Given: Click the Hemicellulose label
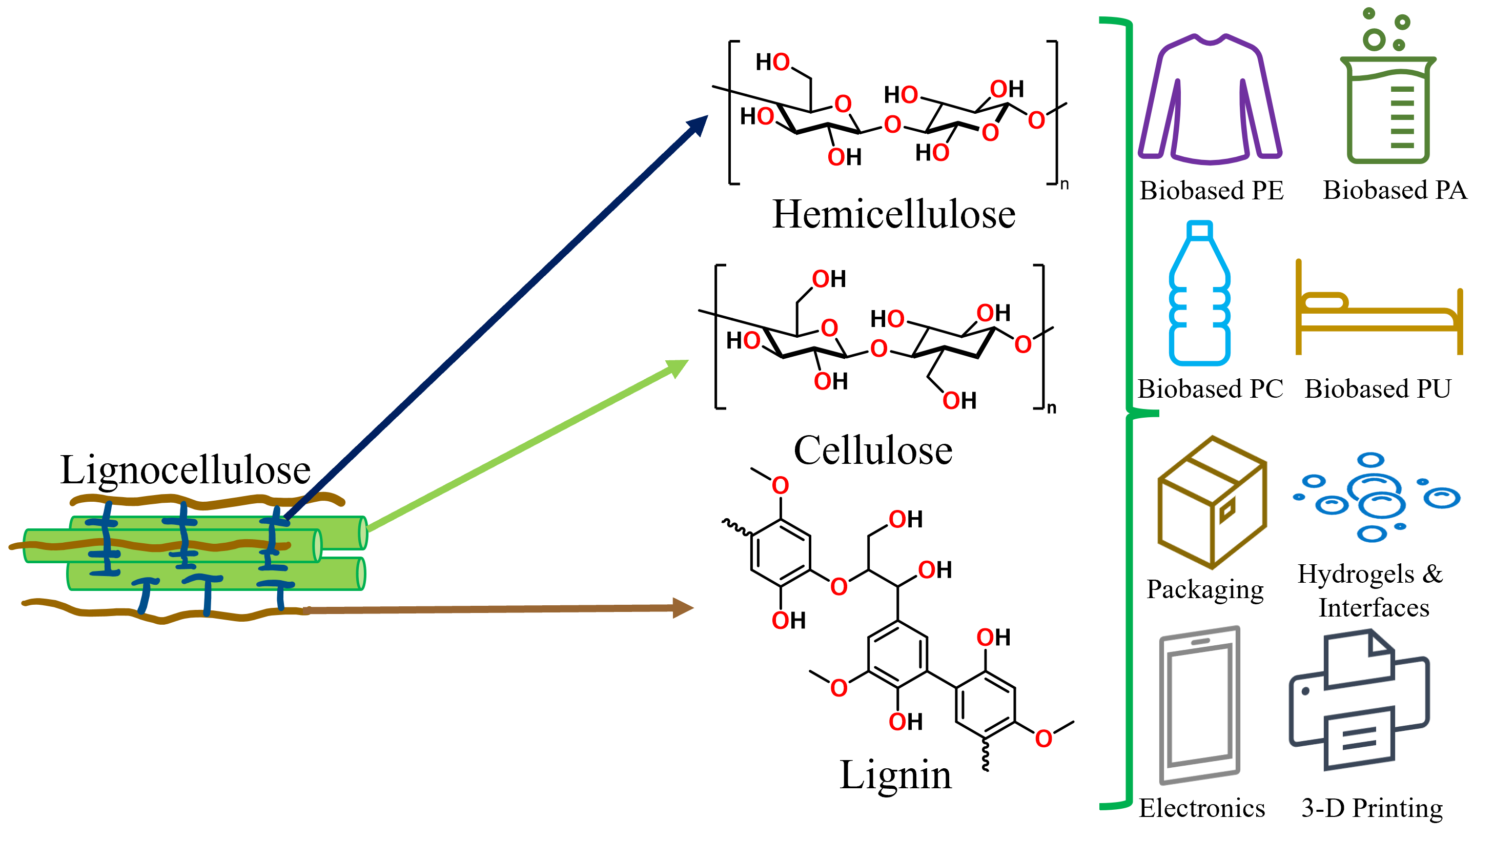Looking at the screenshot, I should click(x=893, y=214).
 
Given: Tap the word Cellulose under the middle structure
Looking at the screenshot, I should click(x=873, y=451).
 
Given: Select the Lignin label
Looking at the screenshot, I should click(x=895, y=775).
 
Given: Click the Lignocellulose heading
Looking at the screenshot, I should click(x=186, y=470).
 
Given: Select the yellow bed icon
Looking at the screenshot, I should click(x=1378, y=310).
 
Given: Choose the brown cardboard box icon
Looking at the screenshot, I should click(x=1212, y=503).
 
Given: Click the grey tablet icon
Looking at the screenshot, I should click(x=1199, y=705).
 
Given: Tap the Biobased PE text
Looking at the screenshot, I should click(x=1211, y=191).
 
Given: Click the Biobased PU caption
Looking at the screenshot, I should click(x=1378, y=389).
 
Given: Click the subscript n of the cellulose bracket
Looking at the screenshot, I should click(x=1052, y=408).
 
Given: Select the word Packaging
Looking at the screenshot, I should click(x=1204, y=589).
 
